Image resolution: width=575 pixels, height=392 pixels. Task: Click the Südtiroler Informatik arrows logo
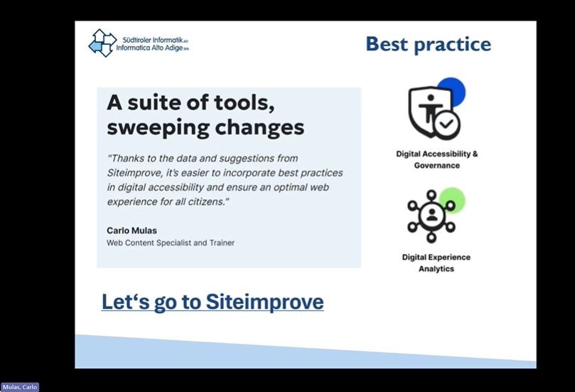(x=102, y=43)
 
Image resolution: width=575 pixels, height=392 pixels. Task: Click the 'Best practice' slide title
(x=429, y=44)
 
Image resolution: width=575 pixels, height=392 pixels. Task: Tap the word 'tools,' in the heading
(x=244, y=102)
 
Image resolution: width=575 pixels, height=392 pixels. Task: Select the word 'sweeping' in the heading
(x=158, y=128)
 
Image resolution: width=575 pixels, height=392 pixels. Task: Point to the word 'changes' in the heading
(x=259, y=128)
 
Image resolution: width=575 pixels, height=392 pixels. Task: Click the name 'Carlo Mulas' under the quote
(x=131, y=231)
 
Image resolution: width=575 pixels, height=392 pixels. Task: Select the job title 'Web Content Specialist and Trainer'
(x=171, y=243)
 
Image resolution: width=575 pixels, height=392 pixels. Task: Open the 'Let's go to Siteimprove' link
(x=213, y=302)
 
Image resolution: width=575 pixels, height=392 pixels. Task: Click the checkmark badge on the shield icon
(x=446, y=124)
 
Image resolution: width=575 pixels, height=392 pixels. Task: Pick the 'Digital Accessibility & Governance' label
(x=436, y=159)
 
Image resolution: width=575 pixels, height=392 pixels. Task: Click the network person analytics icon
(x=431, y=216)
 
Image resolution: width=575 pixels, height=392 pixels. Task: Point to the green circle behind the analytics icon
(x=453, y=200)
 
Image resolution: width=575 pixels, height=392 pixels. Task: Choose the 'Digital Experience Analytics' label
(x=436, y=263)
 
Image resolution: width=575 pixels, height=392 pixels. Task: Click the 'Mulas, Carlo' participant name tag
(x=20, y=387)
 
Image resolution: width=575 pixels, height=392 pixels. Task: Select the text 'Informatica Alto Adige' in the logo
(x=149, y=48)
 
